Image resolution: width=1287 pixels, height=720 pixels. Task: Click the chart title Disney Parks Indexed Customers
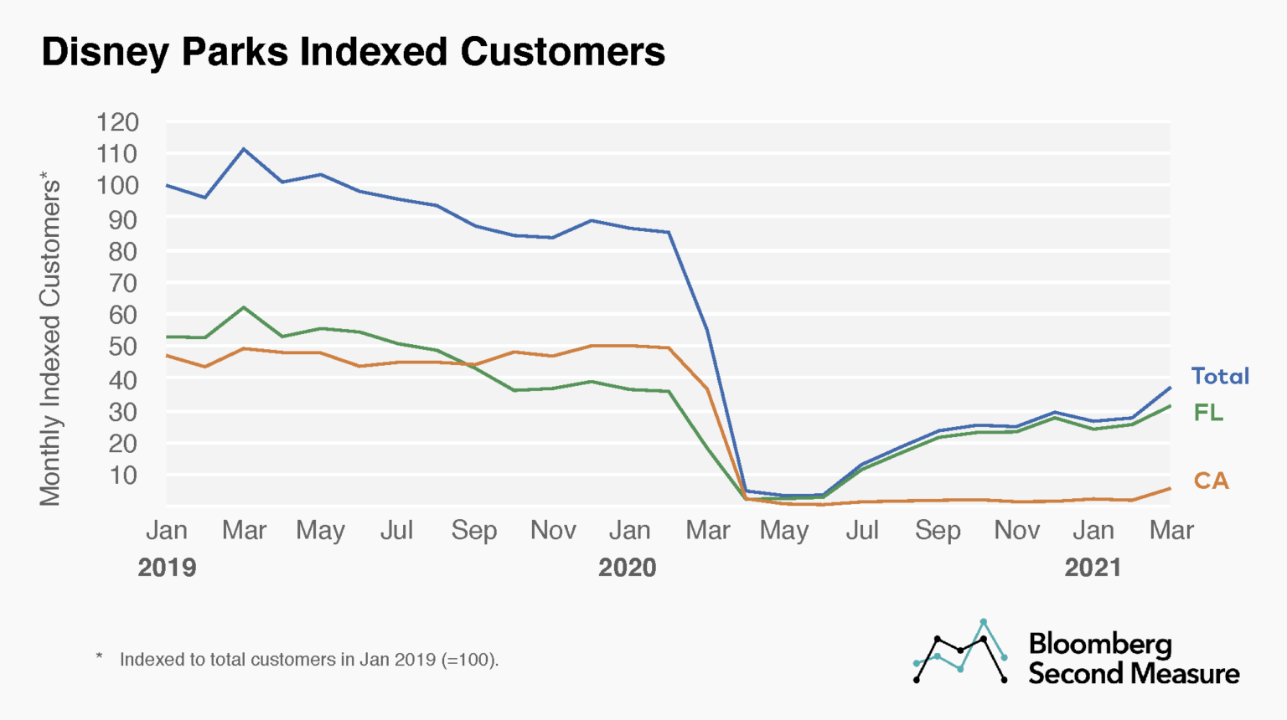(x=353, y=52)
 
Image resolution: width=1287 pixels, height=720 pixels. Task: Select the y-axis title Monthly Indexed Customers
(x=50, y=339)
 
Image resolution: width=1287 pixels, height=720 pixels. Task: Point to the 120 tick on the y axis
(x=117, y=122)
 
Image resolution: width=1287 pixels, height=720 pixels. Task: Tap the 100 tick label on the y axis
(x=117, y=186)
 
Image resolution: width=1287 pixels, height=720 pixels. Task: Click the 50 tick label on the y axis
(x=123, y=347)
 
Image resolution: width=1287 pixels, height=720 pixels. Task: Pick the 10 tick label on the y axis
(x=123, y=476)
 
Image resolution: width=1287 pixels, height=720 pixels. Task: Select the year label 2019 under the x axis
(x=167, y=568)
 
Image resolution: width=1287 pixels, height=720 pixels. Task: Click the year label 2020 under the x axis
(x=627, y=568)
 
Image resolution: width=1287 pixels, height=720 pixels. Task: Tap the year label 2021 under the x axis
(x=1093, y=568)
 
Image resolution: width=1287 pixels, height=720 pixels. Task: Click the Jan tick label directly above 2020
(x=629, y=531)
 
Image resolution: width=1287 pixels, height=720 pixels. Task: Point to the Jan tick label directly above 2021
(x=1093, y=531)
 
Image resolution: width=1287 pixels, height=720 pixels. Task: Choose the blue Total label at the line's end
(x=1220, y=377)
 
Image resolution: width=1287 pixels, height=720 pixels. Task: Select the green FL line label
(x=1208, y=413)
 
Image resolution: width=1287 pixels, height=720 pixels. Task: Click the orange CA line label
(x=1211, y=481)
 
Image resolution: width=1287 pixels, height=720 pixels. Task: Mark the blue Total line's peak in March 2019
(x=244, y=149)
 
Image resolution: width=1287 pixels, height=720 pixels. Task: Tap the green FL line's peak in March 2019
(x=244, y=307)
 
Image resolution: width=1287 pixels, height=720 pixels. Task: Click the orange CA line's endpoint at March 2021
(x=1170, y=488)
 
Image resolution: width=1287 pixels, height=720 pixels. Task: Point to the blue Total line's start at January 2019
(x=167, y=185)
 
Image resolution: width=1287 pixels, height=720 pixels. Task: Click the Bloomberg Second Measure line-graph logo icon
(x=960, y=651)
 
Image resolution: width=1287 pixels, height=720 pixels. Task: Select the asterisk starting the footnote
(x=99, y=657)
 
